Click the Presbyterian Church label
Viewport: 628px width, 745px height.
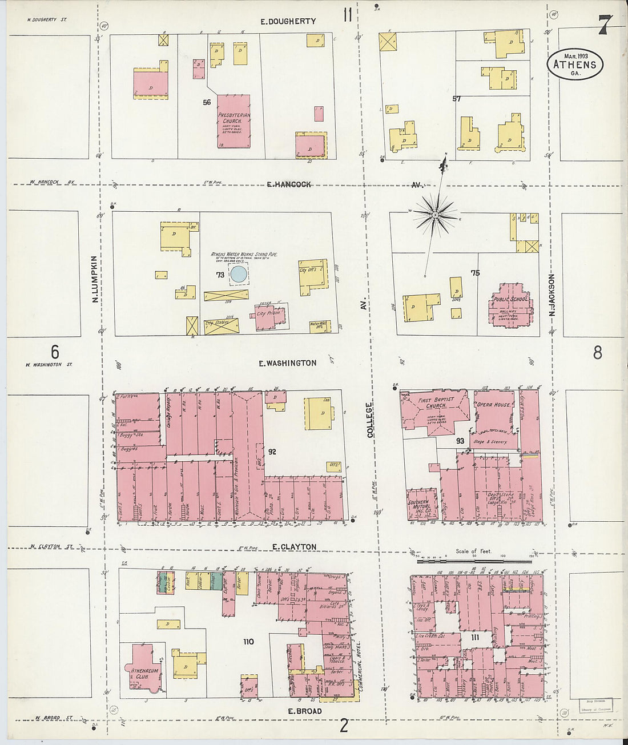[234, 118]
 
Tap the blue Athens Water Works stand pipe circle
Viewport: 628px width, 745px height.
[239, 275]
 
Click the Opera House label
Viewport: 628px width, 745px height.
[494, 405]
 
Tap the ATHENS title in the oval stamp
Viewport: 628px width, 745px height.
[574, 64]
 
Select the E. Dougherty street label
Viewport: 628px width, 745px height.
[288, 22]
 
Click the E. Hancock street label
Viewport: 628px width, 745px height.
[289, 184]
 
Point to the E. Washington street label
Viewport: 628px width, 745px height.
[287, 363]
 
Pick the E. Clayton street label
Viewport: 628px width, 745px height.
[293, 547]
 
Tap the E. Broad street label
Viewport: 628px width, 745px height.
[304, 711]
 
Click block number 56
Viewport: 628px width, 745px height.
[207, 102]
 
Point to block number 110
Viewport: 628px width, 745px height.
[248, 642]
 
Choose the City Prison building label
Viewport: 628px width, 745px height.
[268, 313]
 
